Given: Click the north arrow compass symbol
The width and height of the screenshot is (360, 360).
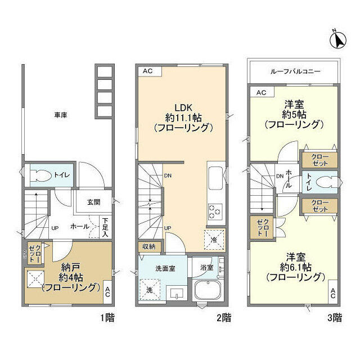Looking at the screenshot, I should click(x=339, y=39).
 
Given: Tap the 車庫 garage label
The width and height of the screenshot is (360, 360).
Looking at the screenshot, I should click(x=61, y=115).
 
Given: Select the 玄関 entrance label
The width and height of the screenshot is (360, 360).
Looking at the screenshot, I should click(x=93, y=202).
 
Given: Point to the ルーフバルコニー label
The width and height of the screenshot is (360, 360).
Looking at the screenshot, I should click(x=292, y=71).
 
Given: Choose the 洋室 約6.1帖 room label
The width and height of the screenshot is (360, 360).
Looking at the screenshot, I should click(x=295, y=267).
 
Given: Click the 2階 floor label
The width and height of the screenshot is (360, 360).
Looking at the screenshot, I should click(x=224, y=318).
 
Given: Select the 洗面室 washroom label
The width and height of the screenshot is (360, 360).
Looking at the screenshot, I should click(x=165, y=268).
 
